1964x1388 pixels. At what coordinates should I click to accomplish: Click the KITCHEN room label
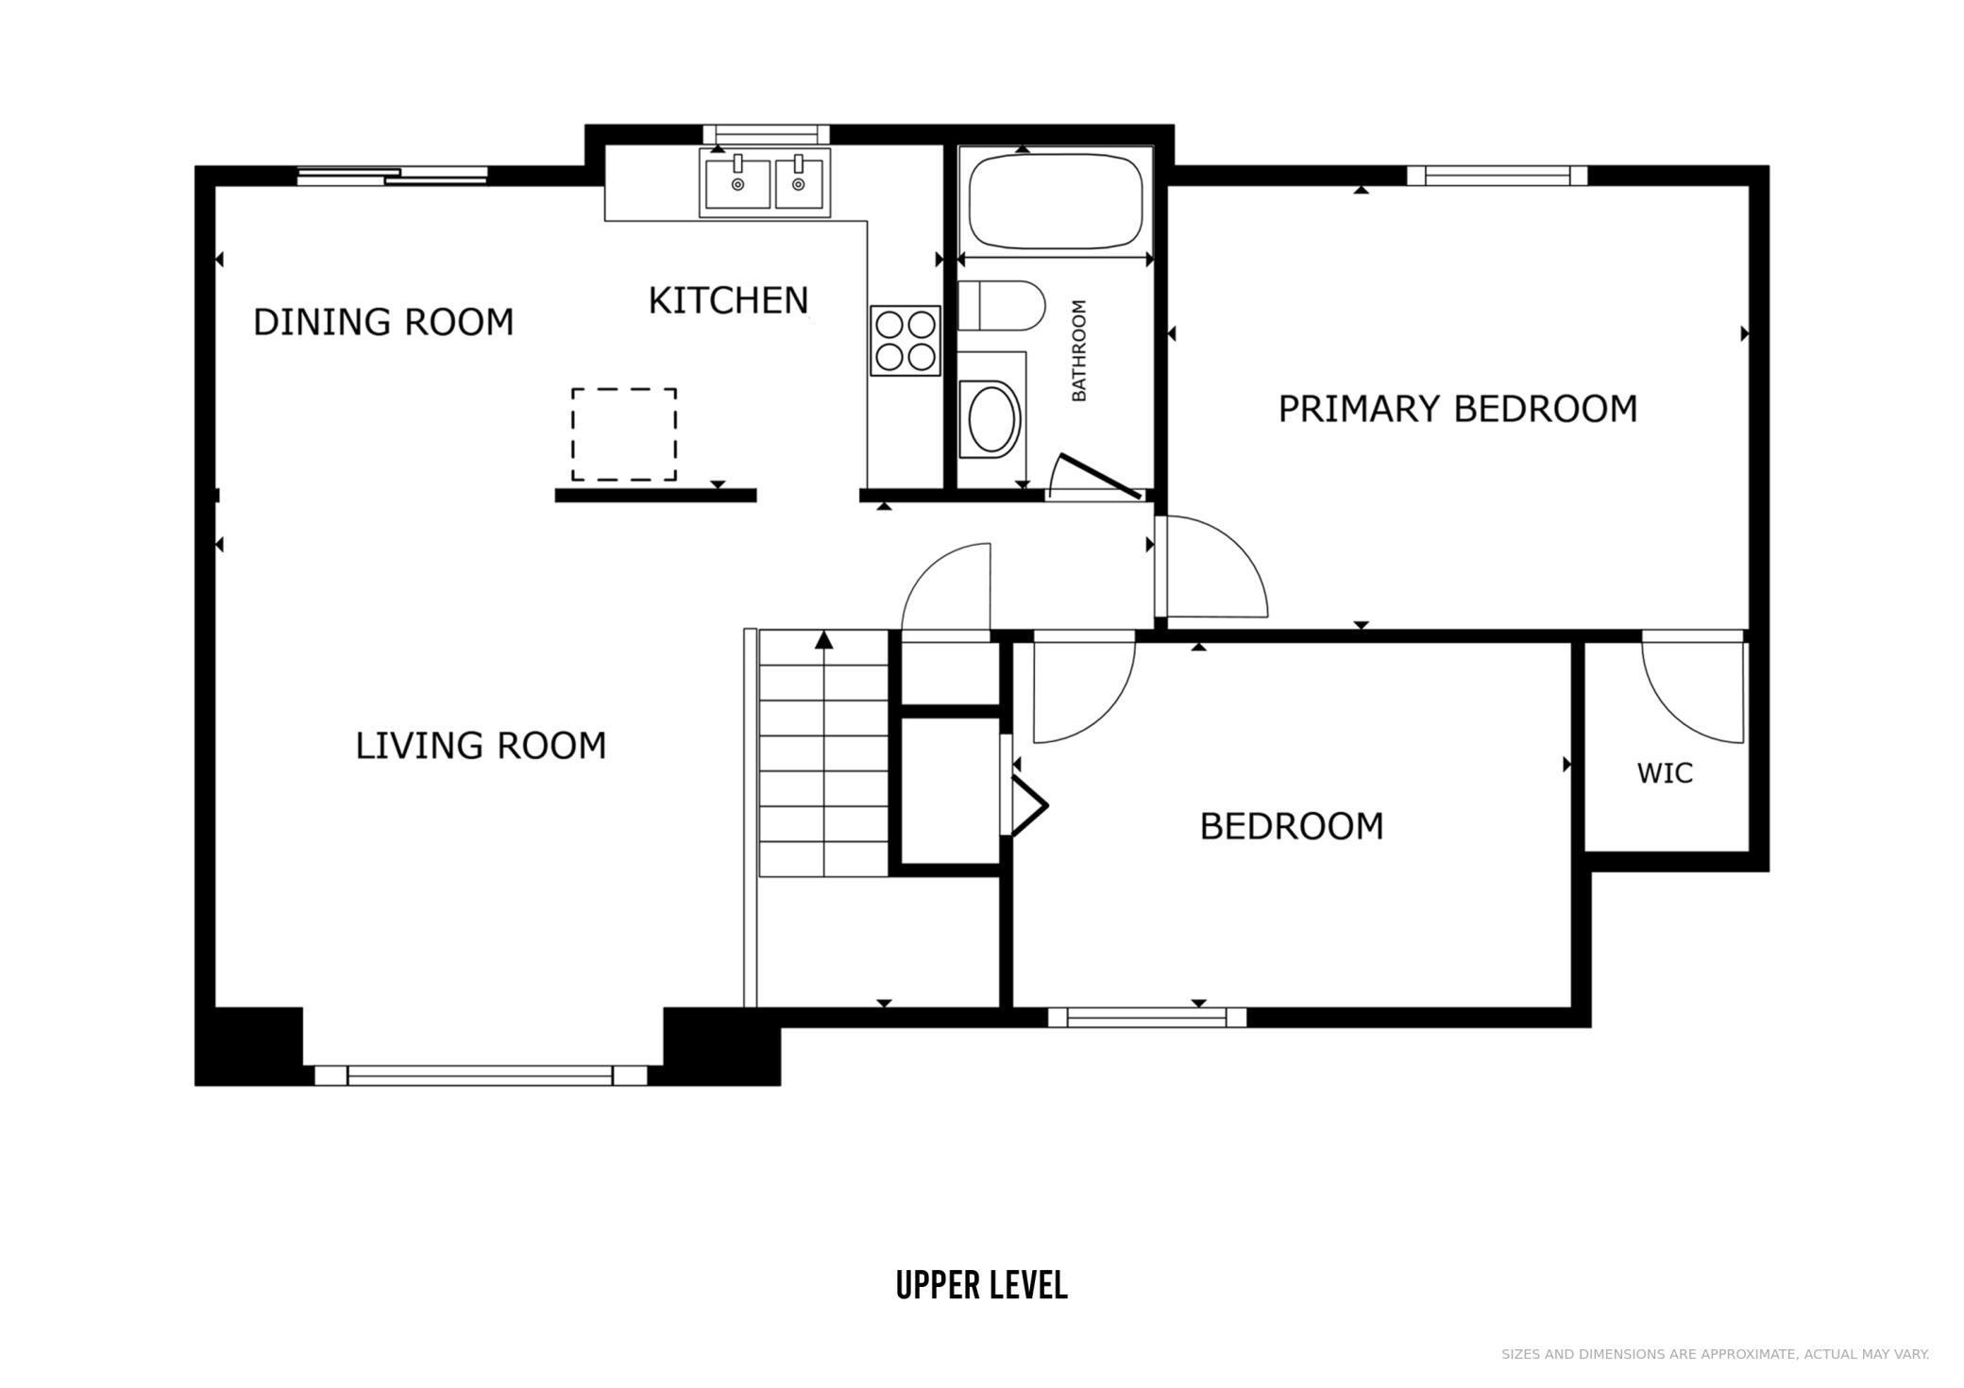pyautogui.click(x=728, y=300)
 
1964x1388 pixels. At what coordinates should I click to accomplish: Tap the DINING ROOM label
pyautogui.click(x=383, y=322)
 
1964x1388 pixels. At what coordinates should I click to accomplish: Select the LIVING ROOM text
pyautogui.click(x=481, y=746)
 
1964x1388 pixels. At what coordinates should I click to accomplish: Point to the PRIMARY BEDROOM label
pyautogui.click(x=1458, y=409)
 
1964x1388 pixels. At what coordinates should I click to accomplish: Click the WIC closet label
pyautogui.click(x=1665, y=773)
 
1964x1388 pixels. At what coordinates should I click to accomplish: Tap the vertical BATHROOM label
pyautogui.click(x=1079, y=350)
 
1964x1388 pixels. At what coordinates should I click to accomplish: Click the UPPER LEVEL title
pyautogui.click(x=982, y=1285)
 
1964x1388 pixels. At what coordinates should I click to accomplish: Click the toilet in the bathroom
pyautogui.click(x=1002, y=305)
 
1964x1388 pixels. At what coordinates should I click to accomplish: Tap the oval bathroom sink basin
pyautogui.click(x=990, y=417)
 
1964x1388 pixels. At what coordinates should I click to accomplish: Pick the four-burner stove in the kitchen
pyautogui.click(x=906, y=341)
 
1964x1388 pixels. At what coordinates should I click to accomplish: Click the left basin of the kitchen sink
pyautogui.click(x=736, y=183)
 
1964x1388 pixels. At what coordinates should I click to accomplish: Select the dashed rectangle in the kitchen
pyautogui.click(x=624, y=434)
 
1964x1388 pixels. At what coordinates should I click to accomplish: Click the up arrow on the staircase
pyautogui.click(x=824, y=640)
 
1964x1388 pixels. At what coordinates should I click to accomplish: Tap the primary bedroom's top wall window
pyautogui.click(x=1498, y=176)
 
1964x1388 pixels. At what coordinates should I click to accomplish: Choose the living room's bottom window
pyautogui.click(x=481, y=1075)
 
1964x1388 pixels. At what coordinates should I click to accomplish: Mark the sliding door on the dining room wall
pyautogui.click(x=393, y=176)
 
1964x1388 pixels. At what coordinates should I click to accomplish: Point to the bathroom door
pyautogui.click(x=1100, y=476)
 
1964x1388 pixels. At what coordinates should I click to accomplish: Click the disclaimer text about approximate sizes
pyautogui.click(x=1715, y=1354)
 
